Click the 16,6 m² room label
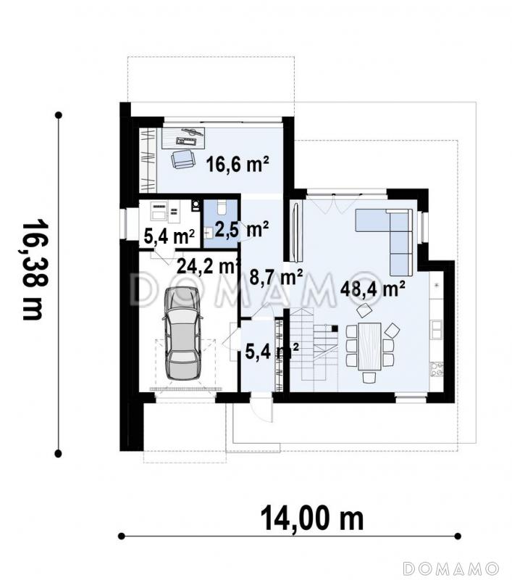[x=237, y=165]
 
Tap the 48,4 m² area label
[x=372, y=289]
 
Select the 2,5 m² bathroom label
[x=241, y=230]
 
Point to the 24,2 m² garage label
[x=207, y=265]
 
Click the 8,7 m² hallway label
[x=277, y=278]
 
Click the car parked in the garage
[x=182, y=333]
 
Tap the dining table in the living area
[x=369, y=346]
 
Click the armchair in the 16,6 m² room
[x=182, y=159]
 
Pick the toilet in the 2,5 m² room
[x=222, y=208]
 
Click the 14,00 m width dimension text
[x=312, y=518]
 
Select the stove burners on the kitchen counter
[x=436, y=370]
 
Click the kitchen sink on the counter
[x=436, y=330]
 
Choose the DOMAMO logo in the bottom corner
[x=451, y=568]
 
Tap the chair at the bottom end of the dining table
[x=369, y=377]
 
